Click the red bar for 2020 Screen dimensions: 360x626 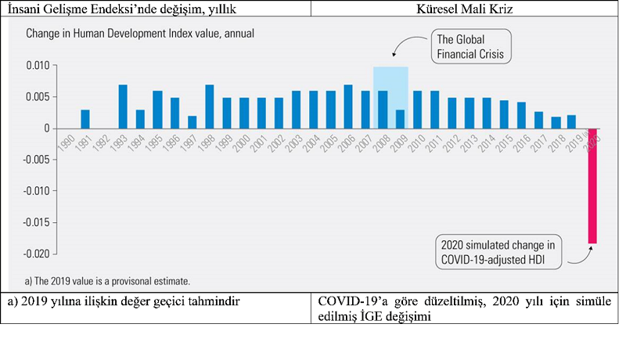(x=592, y=186)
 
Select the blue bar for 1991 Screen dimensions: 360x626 (x=85, y=119)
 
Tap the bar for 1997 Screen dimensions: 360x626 (x=192, y=122)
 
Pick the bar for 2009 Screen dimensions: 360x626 (x=400, y=119)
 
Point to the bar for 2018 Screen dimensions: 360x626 (x=556, y=123)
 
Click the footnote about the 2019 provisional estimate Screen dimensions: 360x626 (x=107, y=279)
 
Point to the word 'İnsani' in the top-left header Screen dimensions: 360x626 (x=24, y=8)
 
